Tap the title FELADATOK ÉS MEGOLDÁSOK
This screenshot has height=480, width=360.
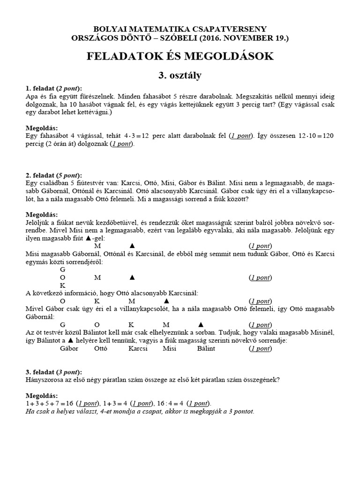[180, 56]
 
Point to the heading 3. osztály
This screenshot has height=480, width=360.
[180, 75]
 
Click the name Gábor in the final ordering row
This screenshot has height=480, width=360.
[69, 348]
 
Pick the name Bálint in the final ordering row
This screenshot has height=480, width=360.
[206, 348]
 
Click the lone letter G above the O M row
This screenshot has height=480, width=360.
[63, 270]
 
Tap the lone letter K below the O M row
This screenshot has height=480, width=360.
[63, 285]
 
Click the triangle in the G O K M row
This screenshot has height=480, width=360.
[201, 324]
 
